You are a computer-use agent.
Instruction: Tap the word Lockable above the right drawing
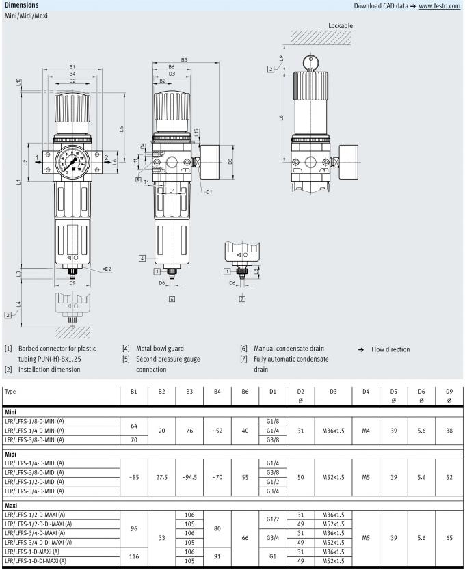click(x=341, y=25)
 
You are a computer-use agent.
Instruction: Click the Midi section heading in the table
click(x=10, y=453)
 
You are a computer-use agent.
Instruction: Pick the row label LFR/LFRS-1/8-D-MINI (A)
click(x=34, y=421)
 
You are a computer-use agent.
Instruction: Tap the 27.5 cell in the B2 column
click(x=161, y=477)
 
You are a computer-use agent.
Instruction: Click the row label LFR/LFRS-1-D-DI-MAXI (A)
click(x=36, y=561)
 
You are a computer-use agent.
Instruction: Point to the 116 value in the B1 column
click(x=134, y=556)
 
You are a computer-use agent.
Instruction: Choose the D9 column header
click(x=449, y=392)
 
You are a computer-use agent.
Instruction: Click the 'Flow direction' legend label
click(x=390, y=349)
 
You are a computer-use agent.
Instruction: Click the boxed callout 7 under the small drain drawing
click(x=242, y=299)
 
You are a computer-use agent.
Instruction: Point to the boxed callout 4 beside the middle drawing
click(x=142, y=258)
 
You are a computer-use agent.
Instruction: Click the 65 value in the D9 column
click(x=449, y=538)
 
